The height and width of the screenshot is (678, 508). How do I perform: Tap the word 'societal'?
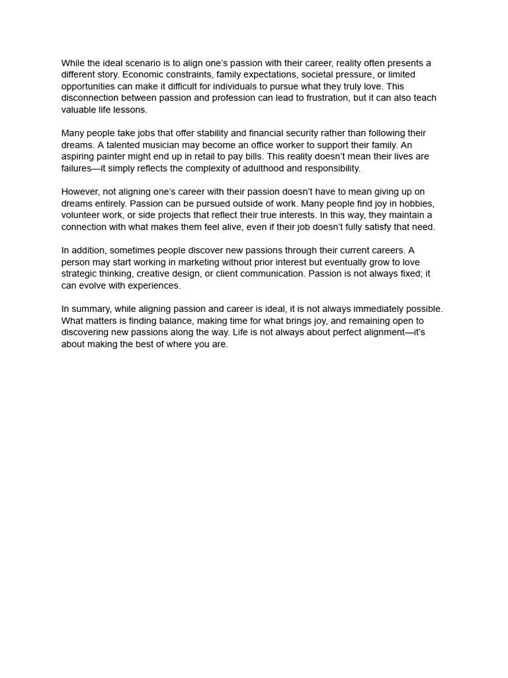pyautogui.click(x=318, y=75)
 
